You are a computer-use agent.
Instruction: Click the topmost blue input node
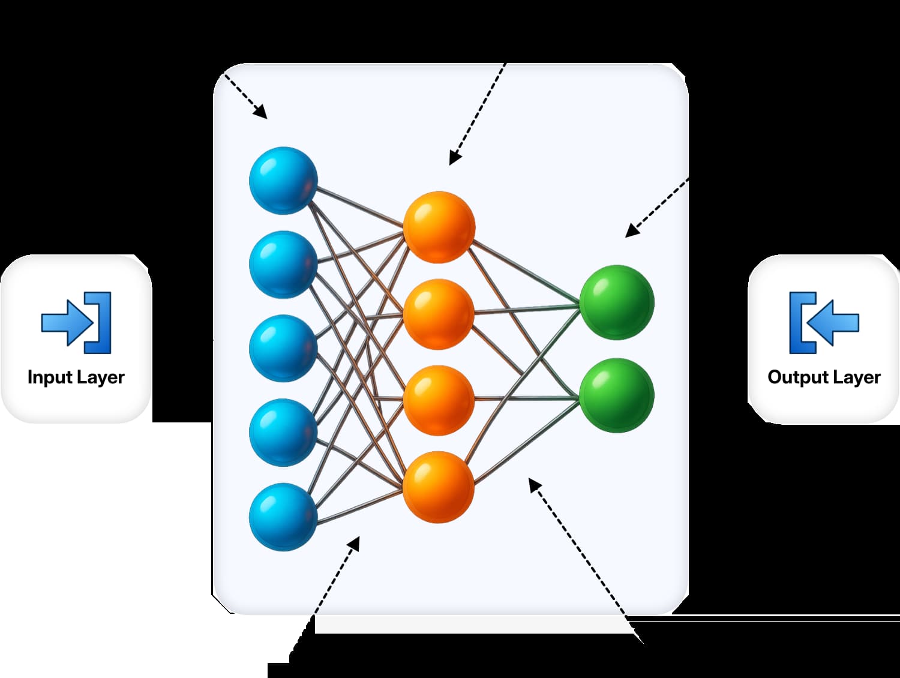point(283,180)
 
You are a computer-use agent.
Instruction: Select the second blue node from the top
point(283,265)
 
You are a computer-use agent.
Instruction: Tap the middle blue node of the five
point(283,349)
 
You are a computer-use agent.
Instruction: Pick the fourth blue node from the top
point(283,433)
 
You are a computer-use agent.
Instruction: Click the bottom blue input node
point(283,517)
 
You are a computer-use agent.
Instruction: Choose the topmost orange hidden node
point(439,227)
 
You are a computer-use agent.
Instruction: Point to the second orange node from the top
point(439,314)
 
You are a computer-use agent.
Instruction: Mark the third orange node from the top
point(439,400)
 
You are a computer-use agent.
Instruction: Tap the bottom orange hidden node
point(439,487)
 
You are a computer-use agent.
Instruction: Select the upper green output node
point(616,302)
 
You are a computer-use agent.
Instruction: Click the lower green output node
point(616,395)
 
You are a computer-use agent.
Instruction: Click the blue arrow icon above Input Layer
point(76,322)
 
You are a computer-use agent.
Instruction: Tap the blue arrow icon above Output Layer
point(824,322)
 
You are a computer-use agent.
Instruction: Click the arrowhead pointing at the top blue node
point(261,113)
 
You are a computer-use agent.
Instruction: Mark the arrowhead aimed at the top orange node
point(454,158)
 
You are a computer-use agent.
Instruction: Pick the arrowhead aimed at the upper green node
point(631,231)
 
